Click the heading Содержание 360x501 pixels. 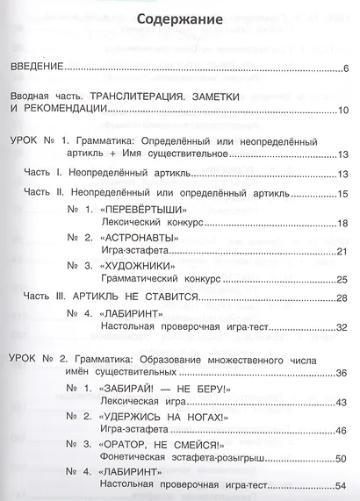tap(180, 19)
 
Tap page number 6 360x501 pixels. tap(347, 68)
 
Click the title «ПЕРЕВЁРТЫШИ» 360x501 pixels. tap(143, 211)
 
